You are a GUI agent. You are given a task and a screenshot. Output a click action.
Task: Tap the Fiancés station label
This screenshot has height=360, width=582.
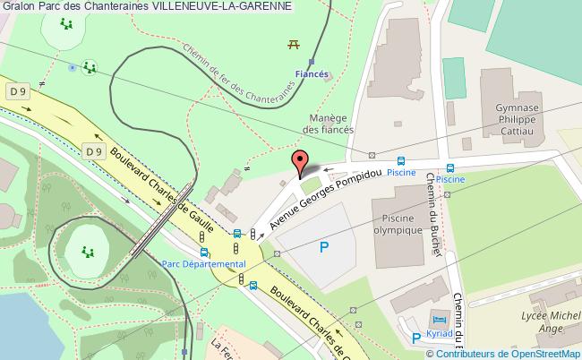click(x=312, y=76)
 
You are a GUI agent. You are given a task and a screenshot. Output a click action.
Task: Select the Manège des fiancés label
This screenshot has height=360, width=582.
click(x=327, y=124)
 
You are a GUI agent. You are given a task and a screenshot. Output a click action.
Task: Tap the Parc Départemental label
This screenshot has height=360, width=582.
click(x=203, y=264)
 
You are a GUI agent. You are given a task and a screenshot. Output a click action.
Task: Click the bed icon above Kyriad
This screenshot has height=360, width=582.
click(x=438, y=319)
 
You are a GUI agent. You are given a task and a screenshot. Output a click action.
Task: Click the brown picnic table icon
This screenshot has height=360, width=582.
click(x=293, y=43)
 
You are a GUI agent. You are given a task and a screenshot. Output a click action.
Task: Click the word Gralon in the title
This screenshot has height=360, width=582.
click(x=18, y=7)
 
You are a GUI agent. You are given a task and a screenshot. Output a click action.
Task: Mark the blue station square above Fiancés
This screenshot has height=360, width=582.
click(x=311, y=63)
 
